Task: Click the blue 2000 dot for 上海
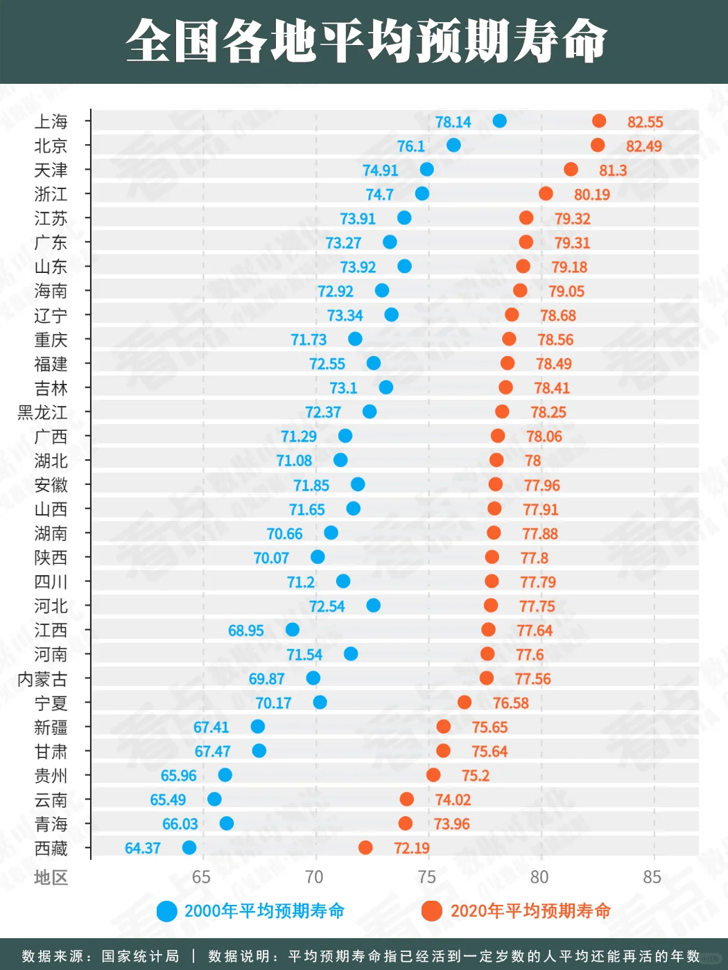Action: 499,121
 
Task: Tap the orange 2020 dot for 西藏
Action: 365,847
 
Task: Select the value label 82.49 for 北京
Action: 643,145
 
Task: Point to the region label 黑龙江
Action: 42,412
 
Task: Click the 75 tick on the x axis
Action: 427,876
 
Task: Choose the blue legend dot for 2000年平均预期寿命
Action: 167,911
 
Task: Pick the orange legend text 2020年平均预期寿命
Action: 530,911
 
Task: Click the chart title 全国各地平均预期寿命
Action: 366,41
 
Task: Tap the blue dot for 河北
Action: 373,606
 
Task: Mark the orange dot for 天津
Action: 571,169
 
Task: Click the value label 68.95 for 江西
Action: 245,630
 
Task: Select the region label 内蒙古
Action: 42,679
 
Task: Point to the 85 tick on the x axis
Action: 652,876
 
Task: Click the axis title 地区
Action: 51,877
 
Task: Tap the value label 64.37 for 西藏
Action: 142,848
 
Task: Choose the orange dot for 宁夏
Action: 464,702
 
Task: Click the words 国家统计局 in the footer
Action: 140,956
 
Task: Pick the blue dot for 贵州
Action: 225,775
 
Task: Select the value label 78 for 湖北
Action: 532,461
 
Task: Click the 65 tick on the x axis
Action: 202,876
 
